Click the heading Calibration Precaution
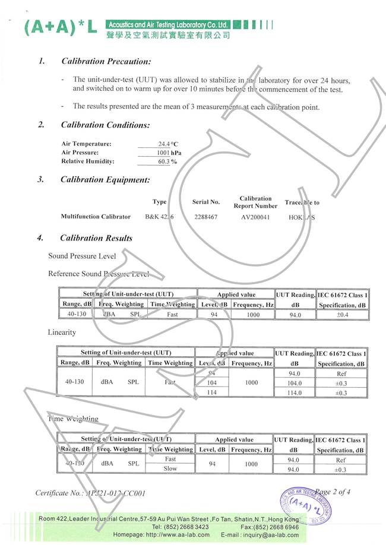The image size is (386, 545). (106, 61)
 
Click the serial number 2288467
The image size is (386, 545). (206, 217)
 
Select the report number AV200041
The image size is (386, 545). (255, 217)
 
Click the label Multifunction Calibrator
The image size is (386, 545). (96, 217)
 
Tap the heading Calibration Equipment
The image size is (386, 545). (105, 180)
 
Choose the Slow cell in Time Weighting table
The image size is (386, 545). (170, 469)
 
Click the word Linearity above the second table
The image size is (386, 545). (62, 332)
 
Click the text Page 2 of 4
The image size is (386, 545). (333, 492)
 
